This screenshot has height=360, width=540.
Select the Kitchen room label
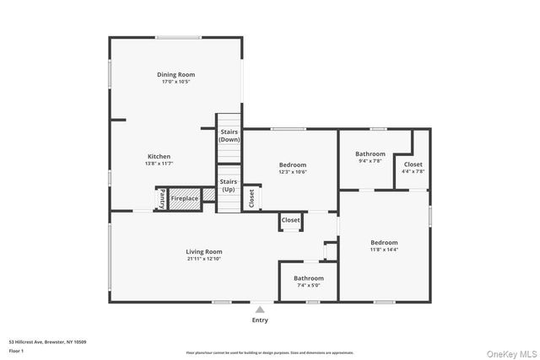tap(159, 157)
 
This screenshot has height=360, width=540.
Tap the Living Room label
tap(204, 251)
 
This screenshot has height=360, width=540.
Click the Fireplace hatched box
tap(185, 199)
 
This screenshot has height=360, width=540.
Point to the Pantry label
tap(161, 198)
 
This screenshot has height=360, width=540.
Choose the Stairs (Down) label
tap(229, 136)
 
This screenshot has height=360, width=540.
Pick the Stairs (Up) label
tap(229, 185)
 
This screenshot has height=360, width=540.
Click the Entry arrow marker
tap(260, 309)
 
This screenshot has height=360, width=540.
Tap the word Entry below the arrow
tap(261, 320)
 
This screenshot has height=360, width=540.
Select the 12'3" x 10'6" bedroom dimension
tap(293, 172)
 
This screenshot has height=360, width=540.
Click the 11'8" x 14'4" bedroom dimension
tap(384, 250)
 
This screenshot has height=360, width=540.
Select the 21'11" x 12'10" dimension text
tap(204, 259)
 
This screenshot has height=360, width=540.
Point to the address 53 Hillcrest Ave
tap(47, 342)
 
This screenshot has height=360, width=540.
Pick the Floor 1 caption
tap(17, 350)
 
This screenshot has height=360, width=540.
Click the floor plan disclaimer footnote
tap(270, 352)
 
